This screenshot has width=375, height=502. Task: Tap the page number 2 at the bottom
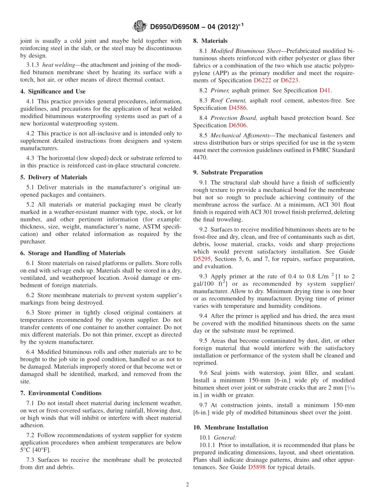pos(187,485)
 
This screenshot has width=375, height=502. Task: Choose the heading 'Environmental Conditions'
pos(65,393)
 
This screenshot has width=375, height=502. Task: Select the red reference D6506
pos(238,125)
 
